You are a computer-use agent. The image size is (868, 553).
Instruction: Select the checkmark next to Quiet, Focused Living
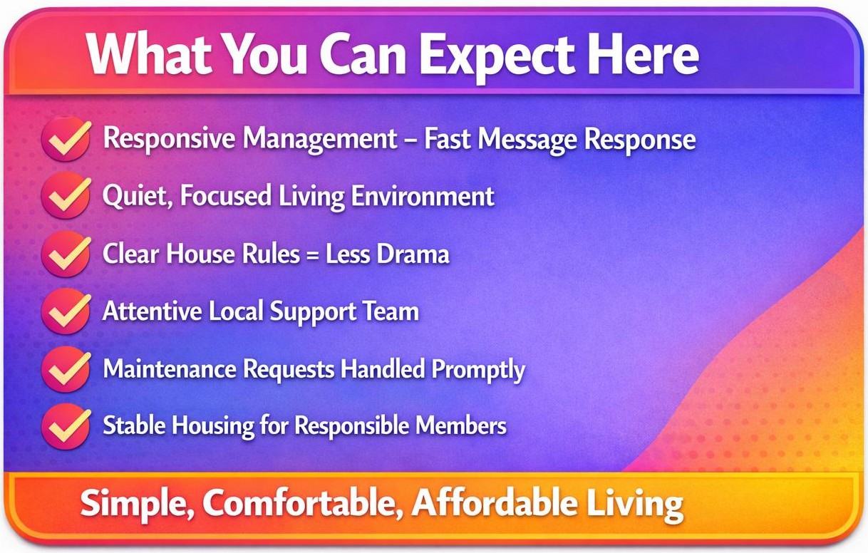click(x=67, y=196)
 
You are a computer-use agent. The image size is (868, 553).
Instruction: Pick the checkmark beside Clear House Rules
click(x=67, y=254)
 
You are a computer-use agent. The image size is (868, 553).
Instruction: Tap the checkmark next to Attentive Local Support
click(x=67, y=311)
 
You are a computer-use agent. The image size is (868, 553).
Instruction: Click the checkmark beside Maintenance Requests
click(x=67, y=369)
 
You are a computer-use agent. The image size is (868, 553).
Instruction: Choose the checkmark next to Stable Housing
click(x=67, y=426)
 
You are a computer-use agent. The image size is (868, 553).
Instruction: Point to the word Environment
click(x=423, y=196)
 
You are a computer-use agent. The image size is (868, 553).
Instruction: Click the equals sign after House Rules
click(x=312, y=255)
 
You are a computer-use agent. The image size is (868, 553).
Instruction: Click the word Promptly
click(x=478, y=370)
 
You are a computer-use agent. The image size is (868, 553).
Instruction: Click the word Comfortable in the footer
click(x=303, y=503)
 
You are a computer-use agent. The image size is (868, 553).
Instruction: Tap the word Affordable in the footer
click(x=494, y=502)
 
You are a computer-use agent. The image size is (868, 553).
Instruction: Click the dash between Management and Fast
click(x=410, y=140)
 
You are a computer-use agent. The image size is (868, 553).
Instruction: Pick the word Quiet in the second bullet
click(x=137, y=196)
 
